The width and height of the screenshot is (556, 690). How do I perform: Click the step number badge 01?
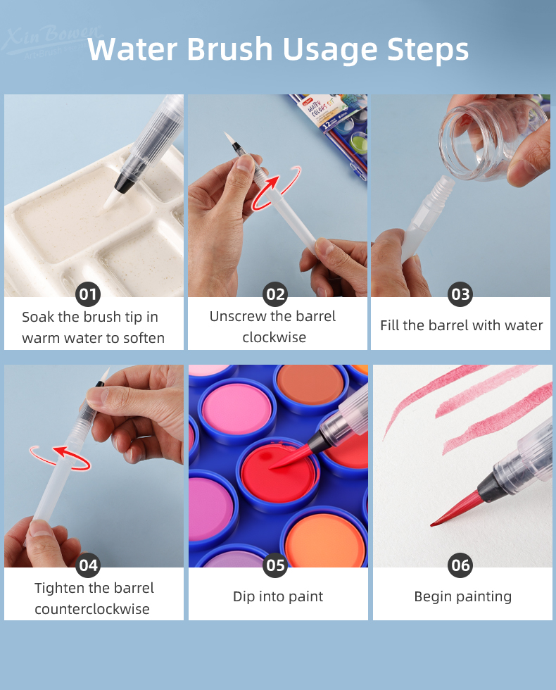point(88,294)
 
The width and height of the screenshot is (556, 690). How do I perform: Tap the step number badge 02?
point(275,294)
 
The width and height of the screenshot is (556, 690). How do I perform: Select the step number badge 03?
point(460,294)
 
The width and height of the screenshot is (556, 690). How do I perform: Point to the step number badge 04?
point(88,565)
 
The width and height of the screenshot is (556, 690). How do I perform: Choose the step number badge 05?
point(275,565)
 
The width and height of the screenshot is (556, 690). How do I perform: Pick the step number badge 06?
point(460,565)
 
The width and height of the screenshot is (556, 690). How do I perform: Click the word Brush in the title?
point(229,49)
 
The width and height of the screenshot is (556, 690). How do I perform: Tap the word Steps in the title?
point(428,50)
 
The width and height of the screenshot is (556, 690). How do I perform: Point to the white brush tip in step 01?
point(110,200)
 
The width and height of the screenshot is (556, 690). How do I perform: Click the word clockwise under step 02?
point(274,337)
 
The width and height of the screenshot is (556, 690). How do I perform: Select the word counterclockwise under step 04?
point(92,609)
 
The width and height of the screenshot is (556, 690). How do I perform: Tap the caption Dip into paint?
point(278,596)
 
